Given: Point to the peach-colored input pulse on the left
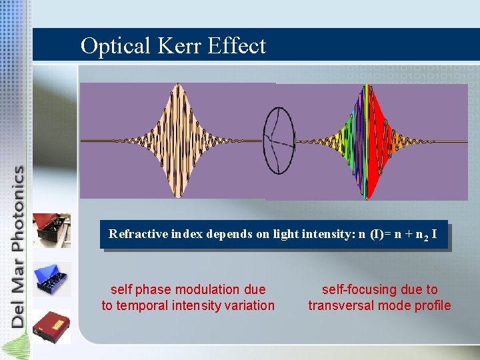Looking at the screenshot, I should [177, 141].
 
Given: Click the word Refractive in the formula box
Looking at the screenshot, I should [134, 234].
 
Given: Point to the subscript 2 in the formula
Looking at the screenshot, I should [425, 237].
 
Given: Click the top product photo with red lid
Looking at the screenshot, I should [52, 230].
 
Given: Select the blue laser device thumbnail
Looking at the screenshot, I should [52, 279].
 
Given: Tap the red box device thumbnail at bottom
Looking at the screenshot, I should [52, 326].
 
